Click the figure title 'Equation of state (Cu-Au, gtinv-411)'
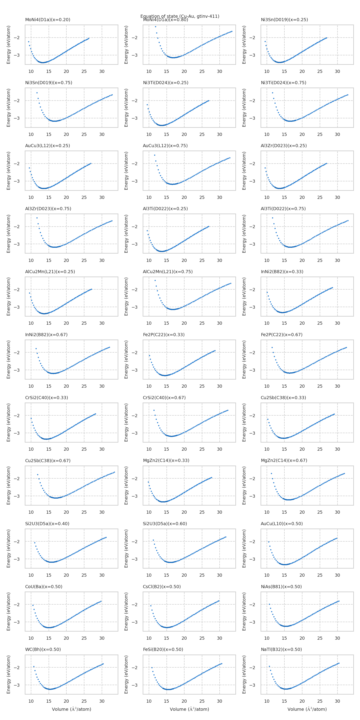(x=180, y=16)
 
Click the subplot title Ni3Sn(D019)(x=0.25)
(x=284, y=20)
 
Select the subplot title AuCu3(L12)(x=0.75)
(x=165, y=146)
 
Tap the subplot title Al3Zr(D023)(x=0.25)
(x=284, y=146)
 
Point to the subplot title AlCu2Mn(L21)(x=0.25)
(x=50, y=272)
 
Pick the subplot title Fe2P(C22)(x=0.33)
(x=164, y=335)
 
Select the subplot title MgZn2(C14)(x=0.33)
(x=166, y=460)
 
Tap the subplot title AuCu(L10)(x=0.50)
(x=282, y=524)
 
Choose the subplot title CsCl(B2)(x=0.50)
(x=162, y=586)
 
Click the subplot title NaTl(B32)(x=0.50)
(x=281, y=649)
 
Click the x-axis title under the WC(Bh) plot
(x=72, y=709)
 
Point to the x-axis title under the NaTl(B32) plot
(x=307, y=709)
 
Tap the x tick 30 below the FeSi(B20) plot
(x=220, y=701)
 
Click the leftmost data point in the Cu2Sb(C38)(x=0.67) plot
(x=38, y=475)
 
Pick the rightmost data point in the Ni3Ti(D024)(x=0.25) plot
(x=209, y=101)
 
